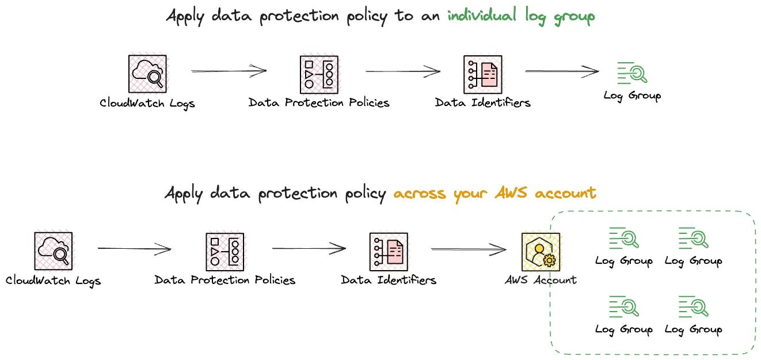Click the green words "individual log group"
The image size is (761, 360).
(x=521, y=16)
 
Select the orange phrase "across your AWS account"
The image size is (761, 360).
(x=494, y=193)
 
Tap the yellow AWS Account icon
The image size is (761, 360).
(x=540, y=252)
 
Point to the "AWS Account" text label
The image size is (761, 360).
(x=540, y=280)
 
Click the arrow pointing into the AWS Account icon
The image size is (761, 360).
(x=468, y=249)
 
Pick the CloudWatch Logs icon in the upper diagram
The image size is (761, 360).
(x=147, y=74)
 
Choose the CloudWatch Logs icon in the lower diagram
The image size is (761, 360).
(x=54, y=251)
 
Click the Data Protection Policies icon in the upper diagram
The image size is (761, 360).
(x=319, y=74)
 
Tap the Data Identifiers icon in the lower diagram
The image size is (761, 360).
(x=389, y=252)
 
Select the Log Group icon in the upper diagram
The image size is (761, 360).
(x=632, y=73)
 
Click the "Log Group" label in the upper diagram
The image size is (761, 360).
(x=632, y=96)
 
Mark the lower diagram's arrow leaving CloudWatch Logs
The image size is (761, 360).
(x=134, y=249)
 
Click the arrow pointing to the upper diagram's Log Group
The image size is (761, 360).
(x=562, y=71)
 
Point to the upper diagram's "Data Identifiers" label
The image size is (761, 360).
(x=482, y=103)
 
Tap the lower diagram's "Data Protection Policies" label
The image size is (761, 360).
(x=225, y=281)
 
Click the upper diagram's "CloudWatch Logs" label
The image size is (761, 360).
(x=147, y=104)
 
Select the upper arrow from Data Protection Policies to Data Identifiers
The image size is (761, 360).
(x=402, y=71)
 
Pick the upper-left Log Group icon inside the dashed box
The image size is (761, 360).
(x=624, y=238)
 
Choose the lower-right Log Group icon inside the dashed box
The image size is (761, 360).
(x=693, y=306)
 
